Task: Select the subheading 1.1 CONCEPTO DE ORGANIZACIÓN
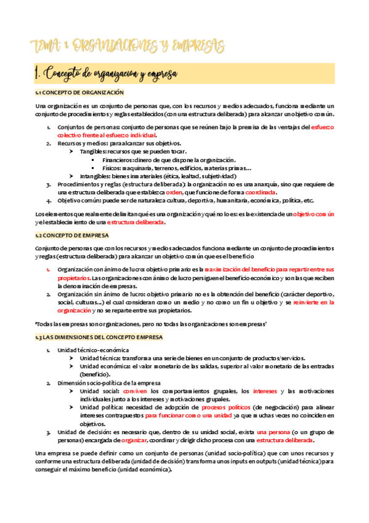79,93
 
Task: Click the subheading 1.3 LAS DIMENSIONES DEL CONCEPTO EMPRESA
99,337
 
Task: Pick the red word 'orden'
174,192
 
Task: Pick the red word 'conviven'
135,391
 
